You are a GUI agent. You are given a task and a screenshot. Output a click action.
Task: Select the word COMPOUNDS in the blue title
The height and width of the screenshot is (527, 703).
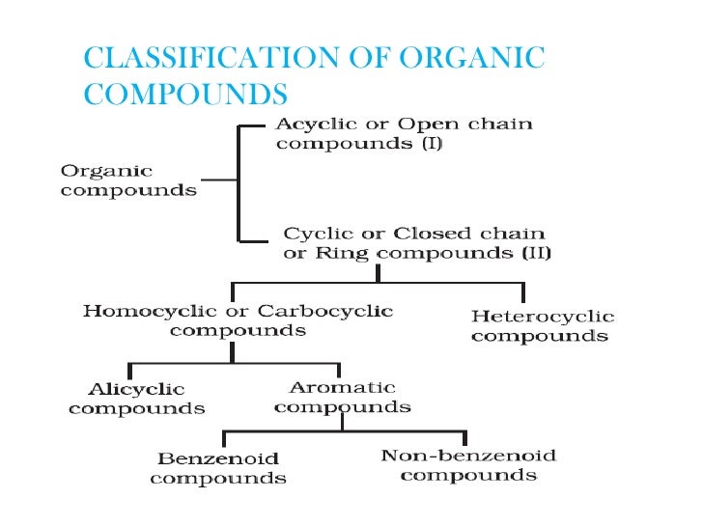point(185,94)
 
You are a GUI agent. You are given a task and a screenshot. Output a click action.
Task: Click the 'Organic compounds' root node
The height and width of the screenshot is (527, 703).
point(128,180)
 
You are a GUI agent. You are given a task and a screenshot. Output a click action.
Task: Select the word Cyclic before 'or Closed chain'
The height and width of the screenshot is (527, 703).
point(312,235)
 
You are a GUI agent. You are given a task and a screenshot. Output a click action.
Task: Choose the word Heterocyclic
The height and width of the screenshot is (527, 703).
point(543,317)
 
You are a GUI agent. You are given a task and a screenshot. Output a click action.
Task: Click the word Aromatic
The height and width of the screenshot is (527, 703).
point(343,387)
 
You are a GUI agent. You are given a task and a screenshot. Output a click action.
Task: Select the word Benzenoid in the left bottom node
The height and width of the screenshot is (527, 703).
point(218,458)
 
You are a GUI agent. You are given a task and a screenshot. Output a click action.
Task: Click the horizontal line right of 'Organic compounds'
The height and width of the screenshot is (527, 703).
point(219,180)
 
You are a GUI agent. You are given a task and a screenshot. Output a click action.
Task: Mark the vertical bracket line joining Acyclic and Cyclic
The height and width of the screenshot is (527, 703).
point(237,181)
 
